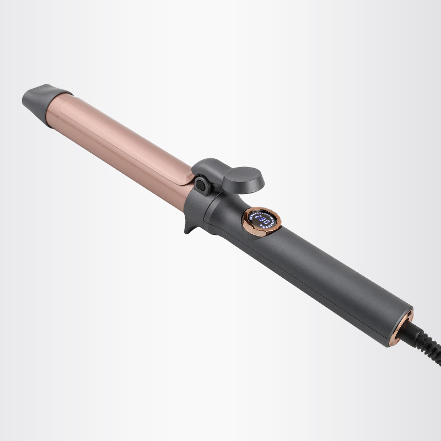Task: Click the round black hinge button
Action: [201, 186]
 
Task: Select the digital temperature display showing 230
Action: [261, 219]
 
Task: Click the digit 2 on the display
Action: [258, 217]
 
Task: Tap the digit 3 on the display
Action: [262, 219]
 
